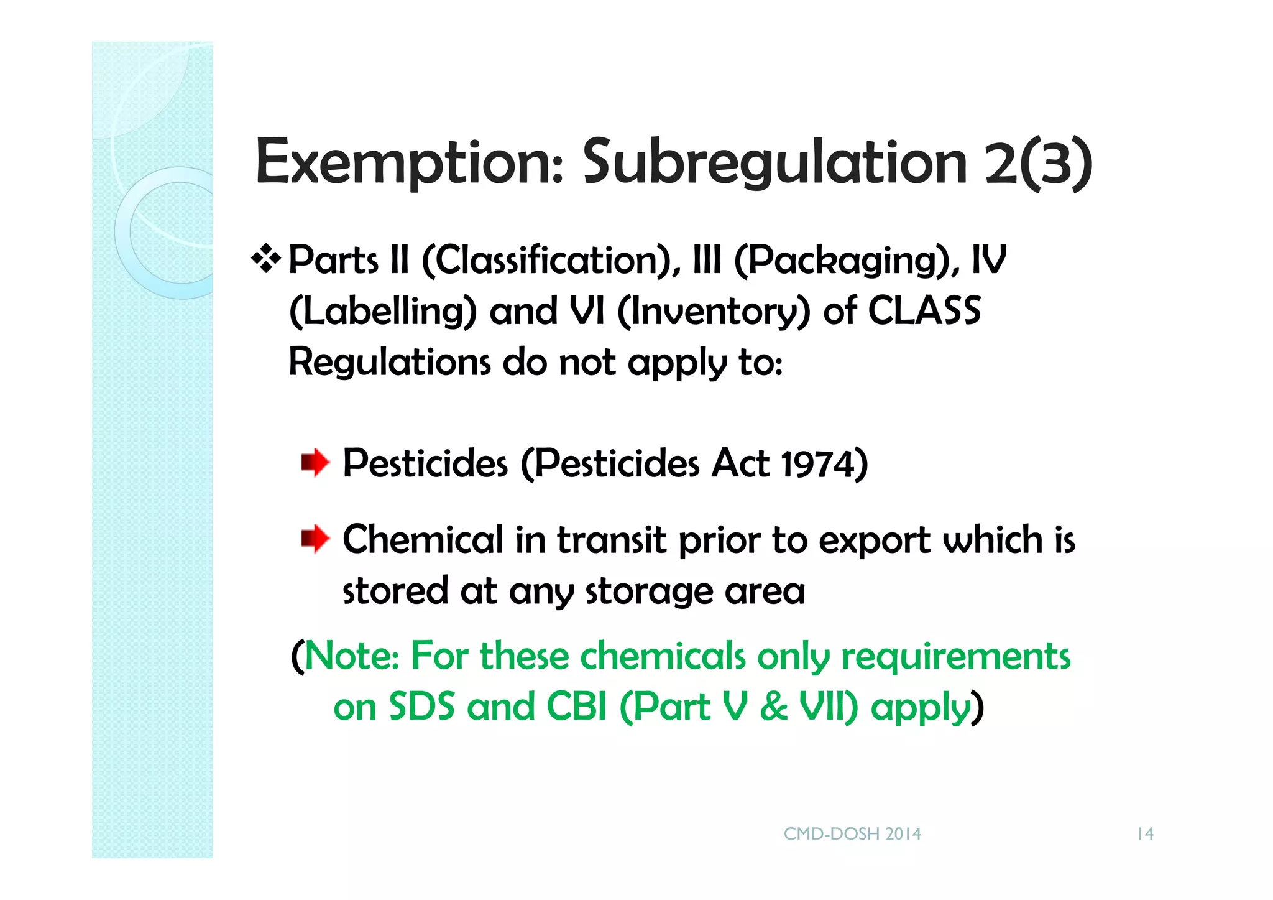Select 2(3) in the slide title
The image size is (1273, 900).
1038,162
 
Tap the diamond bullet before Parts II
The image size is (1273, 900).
266,259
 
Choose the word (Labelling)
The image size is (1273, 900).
383,312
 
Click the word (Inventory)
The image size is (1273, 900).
714,312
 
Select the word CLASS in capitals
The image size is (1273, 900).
924,310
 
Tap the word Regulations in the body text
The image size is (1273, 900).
390,362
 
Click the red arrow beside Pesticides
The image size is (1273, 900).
315,463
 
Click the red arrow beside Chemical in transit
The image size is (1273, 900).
315,539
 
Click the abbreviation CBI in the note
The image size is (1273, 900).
576,707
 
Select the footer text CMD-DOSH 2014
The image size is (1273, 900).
852,834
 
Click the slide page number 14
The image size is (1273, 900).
1145,834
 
